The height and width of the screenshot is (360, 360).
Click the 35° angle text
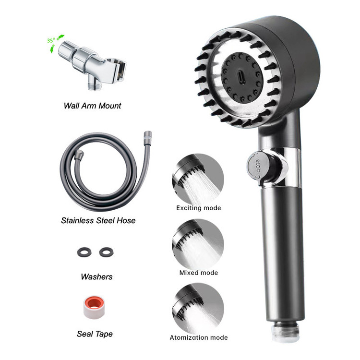pos(51,40)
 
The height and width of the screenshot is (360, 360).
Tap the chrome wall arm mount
pos(92,65)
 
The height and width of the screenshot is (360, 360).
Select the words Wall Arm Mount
pos(92,106)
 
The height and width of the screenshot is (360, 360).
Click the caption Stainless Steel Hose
pos(98,220)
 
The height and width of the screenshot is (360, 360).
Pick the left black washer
pos(84,252)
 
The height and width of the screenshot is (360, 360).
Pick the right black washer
pos(106,252)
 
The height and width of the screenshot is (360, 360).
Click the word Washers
pos(96,276)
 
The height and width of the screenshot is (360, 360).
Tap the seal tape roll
pos(94,307)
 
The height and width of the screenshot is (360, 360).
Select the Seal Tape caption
pos(95,334)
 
